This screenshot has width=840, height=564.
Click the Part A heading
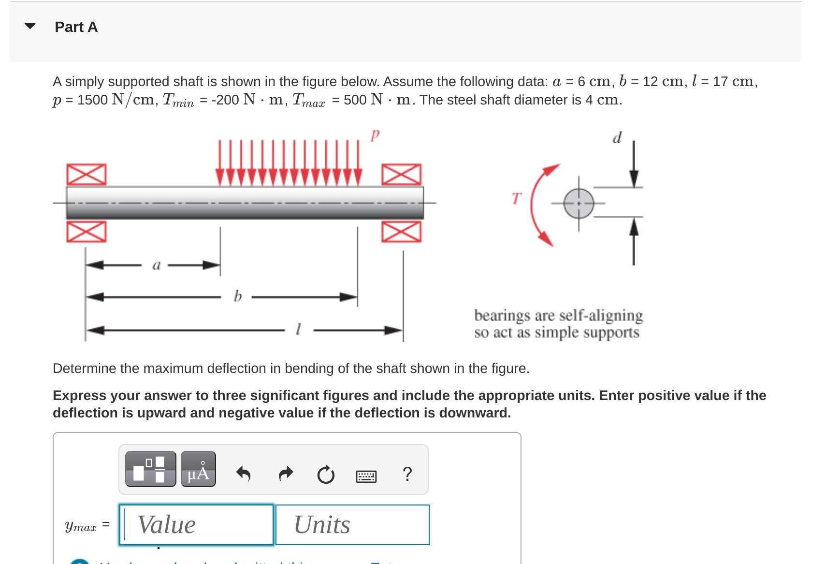[76, 27]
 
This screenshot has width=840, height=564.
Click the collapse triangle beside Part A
[30, 26]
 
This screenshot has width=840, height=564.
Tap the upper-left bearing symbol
[86, 174]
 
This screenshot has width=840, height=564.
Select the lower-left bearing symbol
[86, 232]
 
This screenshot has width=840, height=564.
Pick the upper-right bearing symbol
[401, 174]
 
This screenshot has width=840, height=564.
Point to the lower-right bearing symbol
[401, 232]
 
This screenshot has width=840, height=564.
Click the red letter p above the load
[375, 134]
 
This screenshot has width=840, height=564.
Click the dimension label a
[156, 265]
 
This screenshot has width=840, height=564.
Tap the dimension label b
[237, 296]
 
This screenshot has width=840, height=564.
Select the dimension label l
[298, 329]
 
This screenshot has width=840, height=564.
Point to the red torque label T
[517, 198]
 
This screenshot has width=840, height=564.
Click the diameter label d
[617, 138]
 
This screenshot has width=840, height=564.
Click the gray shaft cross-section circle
[579, 203]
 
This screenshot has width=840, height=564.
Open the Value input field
[197, 525]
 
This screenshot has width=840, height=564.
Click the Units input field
[352, 525]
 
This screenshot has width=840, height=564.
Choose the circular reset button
[326, 475]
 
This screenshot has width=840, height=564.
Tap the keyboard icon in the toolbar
[366, 476]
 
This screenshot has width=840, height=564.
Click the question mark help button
[407, 474]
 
